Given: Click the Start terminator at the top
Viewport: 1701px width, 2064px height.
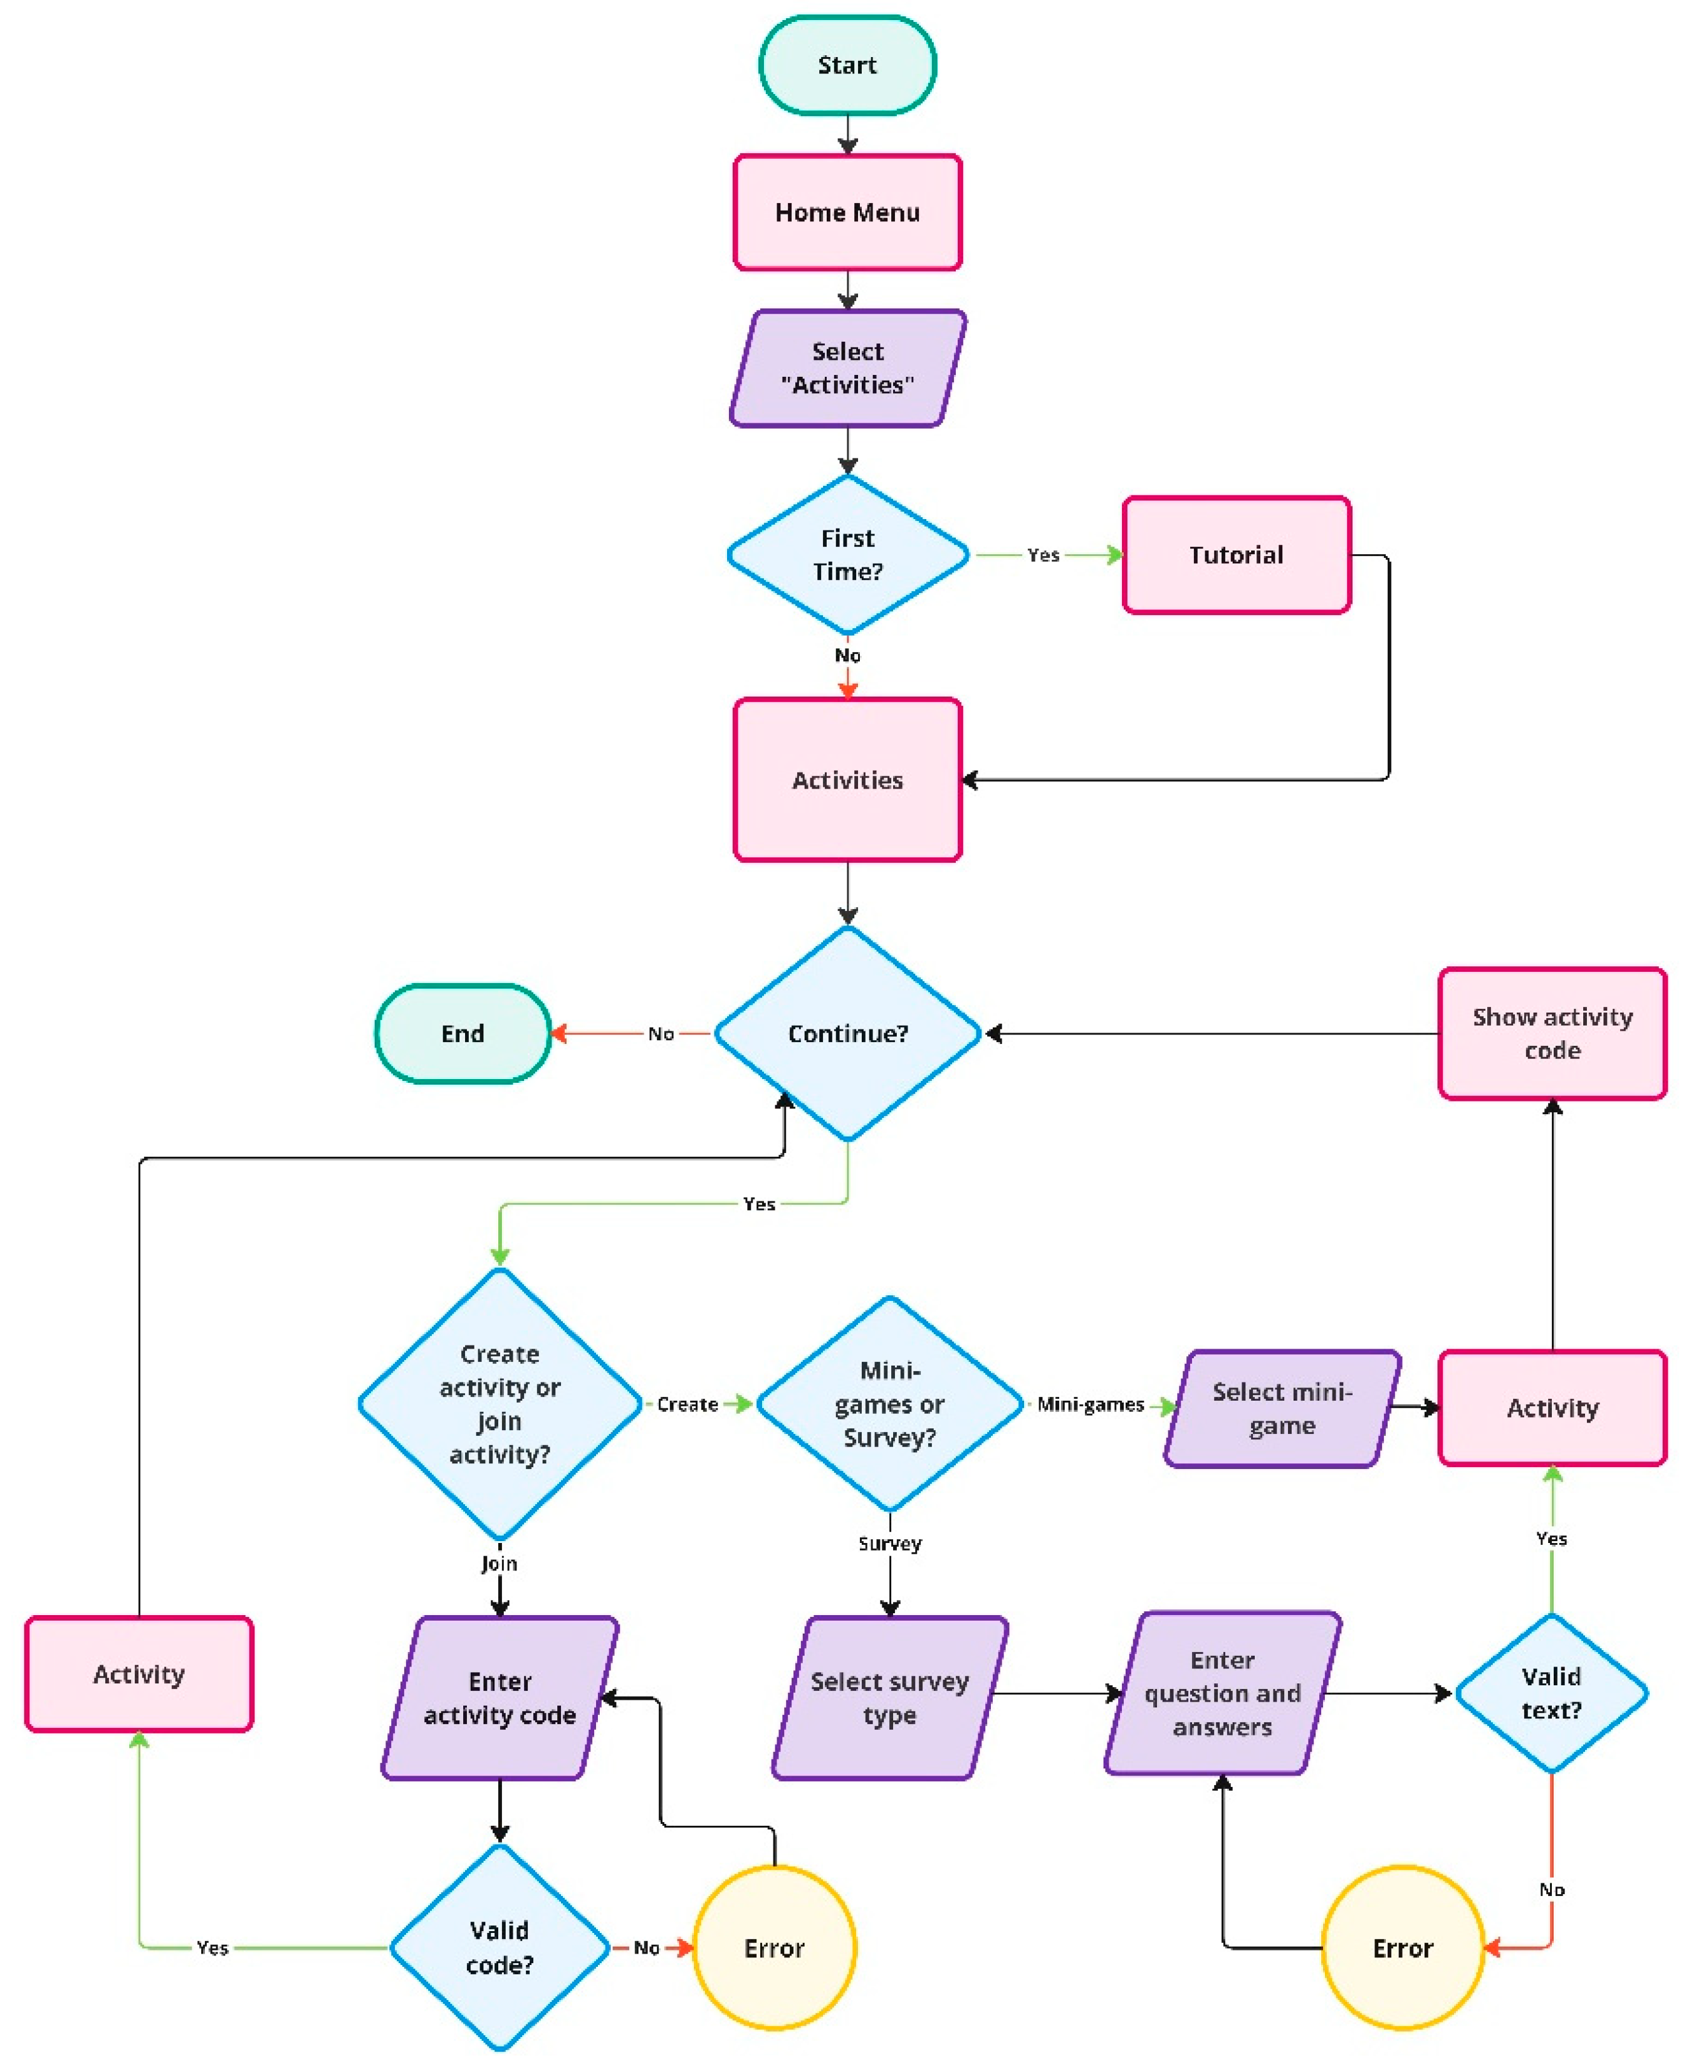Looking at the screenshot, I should click(847, 65).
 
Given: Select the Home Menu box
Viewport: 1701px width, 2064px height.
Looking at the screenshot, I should click(847, 212).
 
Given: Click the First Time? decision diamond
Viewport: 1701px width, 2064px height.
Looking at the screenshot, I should click(847, 555).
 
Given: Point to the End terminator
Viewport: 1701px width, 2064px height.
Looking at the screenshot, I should click(463, 1033).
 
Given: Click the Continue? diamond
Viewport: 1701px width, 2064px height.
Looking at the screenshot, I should click(847, 1033).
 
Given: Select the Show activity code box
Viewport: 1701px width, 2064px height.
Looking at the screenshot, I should click(1551, 1033).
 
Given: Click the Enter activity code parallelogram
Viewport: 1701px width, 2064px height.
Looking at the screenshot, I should click(499, 1697).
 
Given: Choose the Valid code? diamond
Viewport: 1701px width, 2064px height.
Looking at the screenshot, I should click(499, 1946).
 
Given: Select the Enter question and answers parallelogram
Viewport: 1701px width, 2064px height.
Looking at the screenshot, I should click(1222, 1693).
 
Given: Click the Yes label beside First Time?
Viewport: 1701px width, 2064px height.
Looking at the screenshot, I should click(1042, 555).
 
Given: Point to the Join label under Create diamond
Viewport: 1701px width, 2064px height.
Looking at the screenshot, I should click(499, 1563).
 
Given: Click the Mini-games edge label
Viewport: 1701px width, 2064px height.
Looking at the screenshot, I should click(1089, 1404).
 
